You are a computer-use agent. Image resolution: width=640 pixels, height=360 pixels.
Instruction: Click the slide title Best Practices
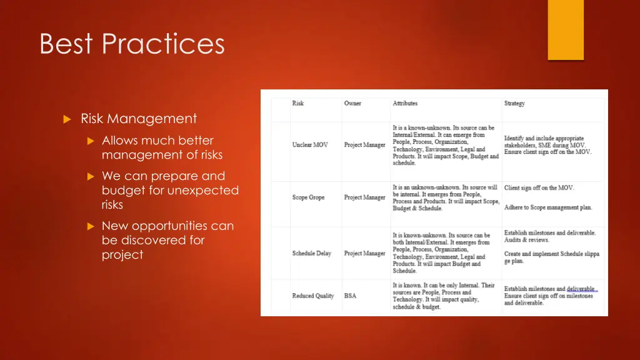click(132, 44)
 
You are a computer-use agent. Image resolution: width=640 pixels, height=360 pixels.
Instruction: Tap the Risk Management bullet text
click(139, 119)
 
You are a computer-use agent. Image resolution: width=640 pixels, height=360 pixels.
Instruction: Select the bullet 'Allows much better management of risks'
click(161, 147)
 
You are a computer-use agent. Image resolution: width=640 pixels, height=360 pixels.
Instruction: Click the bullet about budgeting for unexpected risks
click(169, 190)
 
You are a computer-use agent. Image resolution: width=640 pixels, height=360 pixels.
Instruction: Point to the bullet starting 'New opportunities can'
click(167, 240)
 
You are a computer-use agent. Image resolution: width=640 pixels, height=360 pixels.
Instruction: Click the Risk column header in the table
click(298, 103)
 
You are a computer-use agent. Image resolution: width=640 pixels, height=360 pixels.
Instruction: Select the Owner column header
click(352, 103)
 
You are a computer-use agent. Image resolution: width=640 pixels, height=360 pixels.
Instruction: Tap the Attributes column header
click(405, 103)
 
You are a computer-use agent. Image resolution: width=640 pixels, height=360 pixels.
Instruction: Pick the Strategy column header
click(514, 103)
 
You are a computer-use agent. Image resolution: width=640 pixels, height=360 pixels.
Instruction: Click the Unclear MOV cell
click(310, 145)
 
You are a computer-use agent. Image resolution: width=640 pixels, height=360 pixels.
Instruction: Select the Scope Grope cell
click(308, 197)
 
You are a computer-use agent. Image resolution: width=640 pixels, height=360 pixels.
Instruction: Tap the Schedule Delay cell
click(311, 254)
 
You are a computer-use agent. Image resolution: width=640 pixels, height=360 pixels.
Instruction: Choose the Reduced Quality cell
click(313, 296)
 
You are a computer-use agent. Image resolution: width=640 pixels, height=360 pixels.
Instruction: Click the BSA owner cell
click(350, 296)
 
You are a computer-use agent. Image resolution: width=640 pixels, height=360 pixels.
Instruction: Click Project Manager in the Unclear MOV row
click(364, 145)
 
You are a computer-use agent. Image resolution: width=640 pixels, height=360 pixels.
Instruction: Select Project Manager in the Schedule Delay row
click(364, 254)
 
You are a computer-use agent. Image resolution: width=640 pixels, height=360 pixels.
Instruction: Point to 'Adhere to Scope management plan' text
click(548, 207)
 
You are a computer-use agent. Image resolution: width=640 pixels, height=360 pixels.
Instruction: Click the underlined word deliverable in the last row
click(582, 289)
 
